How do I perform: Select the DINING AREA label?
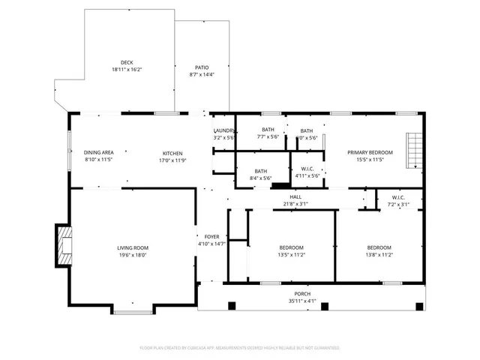coord(98,152)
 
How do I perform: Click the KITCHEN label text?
coord(172,152)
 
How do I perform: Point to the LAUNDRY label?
coord(223,130)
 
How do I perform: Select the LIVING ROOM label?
coord(132,247)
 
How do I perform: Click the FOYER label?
coord(211,236)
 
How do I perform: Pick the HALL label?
coord(295,197)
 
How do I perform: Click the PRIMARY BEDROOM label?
coord(370,152)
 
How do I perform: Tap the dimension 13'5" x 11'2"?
coord(292,254)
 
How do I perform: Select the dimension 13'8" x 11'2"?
coord(379,254)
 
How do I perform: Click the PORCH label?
coord(302,293)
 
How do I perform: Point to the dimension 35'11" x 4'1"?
coord(302,301)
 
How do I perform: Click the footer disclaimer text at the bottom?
coord(240,348)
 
